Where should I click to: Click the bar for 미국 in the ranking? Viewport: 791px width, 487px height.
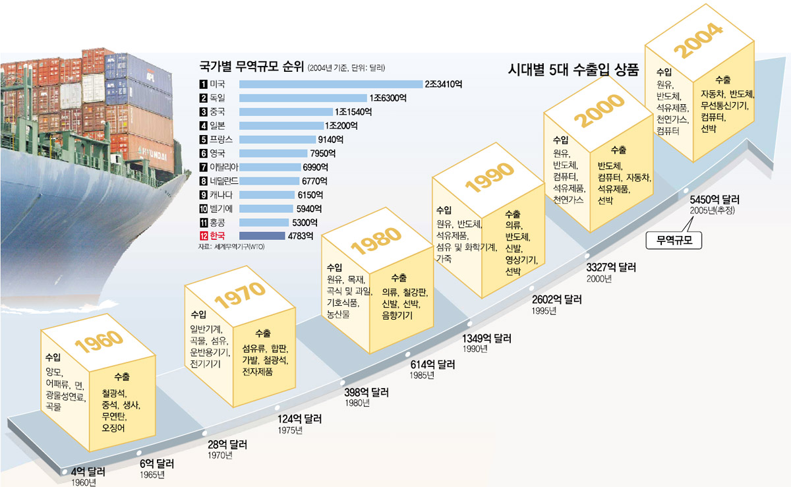(330, 84)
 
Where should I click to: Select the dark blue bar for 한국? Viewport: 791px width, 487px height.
(263, 236)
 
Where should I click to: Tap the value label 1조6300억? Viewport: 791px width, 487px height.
(388, 98)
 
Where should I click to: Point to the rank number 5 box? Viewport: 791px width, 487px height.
(203, 139)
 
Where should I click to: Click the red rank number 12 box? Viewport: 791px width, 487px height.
(203, 236)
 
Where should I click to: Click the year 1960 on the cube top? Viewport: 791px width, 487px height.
(98, 340)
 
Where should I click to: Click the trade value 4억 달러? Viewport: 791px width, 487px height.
(88, 472)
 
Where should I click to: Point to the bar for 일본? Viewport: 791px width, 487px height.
(281, 125)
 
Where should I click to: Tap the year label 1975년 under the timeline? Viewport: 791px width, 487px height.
(290, 430)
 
